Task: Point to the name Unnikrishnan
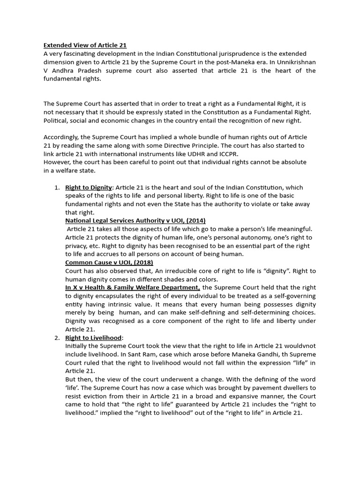pos(292,62)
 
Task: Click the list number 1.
pos(57,187)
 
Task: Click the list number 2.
pos(57,337)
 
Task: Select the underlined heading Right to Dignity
pos(89,187)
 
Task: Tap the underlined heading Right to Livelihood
pos(93,337)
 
